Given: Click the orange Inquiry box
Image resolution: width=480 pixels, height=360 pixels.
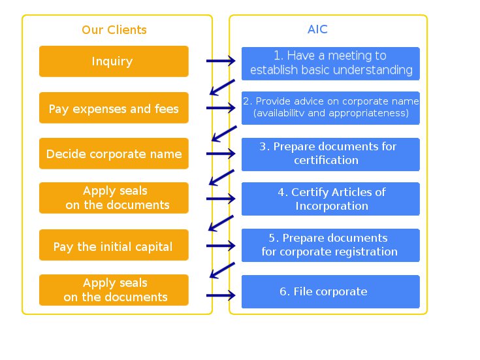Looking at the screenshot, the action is point(114,61).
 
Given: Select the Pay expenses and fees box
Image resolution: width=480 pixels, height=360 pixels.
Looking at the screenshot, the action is point(114,108).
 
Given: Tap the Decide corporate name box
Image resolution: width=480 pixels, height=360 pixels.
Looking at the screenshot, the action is point(114,154).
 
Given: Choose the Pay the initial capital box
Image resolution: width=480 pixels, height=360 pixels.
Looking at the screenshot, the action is point(114,245).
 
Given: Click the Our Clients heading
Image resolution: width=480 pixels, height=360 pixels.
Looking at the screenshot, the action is point(114,29).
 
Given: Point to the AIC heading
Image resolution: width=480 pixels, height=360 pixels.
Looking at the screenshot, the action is point(318,29).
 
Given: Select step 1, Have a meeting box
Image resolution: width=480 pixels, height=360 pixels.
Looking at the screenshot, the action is point(330,64).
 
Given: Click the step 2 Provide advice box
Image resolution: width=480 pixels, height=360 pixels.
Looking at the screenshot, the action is point(330,108).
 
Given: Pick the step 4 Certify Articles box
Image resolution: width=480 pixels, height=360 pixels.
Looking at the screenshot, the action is point(330,199).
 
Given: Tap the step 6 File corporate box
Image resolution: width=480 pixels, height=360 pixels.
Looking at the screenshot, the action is point(330,291).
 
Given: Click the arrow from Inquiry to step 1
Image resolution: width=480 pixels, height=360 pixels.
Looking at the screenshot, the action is point(221,61).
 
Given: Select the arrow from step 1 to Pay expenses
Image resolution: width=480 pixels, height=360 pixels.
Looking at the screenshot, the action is point(222,88).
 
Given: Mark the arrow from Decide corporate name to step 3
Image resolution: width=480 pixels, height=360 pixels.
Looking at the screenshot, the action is point(221,154).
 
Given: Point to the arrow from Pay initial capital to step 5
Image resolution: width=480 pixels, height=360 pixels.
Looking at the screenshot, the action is point(221,246).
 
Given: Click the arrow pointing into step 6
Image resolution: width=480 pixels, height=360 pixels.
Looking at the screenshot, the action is point(221,295).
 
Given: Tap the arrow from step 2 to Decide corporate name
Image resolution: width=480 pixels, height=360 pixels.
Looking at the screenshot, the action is point(224,133).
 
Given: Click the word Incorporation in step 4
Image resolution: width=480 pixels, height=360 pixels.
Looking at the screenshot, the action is point(332,206).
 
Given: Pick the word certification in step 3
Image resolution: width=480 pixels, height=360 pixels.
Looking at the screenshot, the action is point(327,160).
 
